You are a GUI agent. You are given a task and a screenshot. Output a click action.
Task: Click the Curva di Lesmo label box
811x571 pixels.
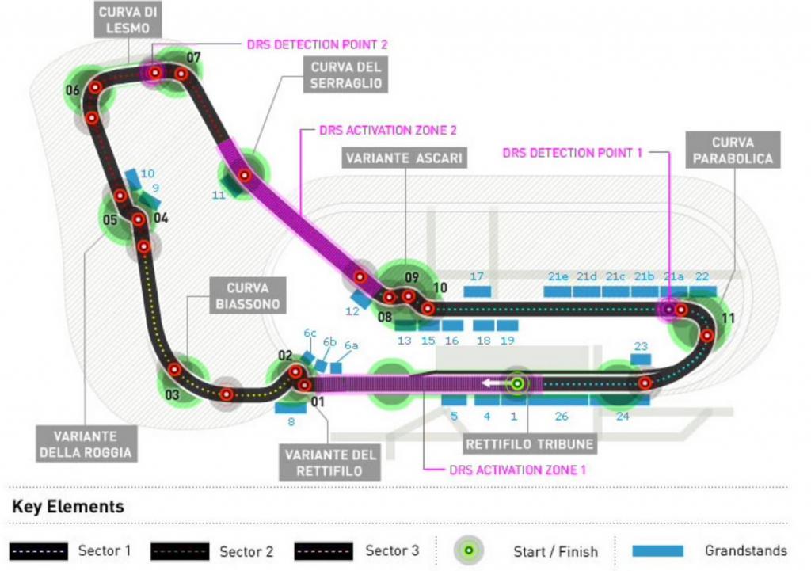[128, 20]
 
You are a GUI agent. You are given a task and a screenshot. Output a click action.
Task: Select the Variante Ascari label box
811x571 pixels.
[403, 158]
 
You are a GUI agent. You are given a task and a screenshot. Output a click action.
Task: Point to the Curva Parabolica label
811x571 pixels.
[732, 150]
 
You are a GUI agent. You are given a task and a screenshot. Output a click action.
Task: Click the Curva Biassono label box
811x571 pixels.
[247, 295]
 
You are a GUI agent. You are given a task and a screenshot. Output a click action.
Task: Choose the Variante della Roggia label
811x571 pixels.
[86, 444]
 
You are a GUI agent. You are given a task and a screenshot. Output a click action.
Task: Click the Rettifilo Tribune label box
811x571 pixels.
[530, 444]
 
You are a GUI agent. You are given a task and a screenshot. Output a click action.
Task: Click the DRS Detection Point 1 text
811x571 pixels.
[572, 152]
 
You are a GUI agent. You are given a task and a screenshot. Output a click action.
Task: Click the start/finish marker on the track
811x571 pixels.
[516, 384]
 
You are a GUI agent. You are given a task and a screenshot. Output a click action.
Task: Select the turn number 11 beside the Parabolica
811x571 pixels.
[728, 318]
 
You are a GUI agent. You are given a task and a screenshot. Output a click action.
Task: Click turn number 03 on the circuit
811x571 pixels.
[172, 394]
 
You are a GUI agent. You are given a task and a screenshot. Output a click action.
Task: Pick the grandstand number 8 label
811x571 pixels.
[291, 421]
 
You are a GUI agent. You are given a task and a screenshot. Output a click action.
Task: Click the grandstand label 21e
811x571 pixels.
[558, 276]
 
